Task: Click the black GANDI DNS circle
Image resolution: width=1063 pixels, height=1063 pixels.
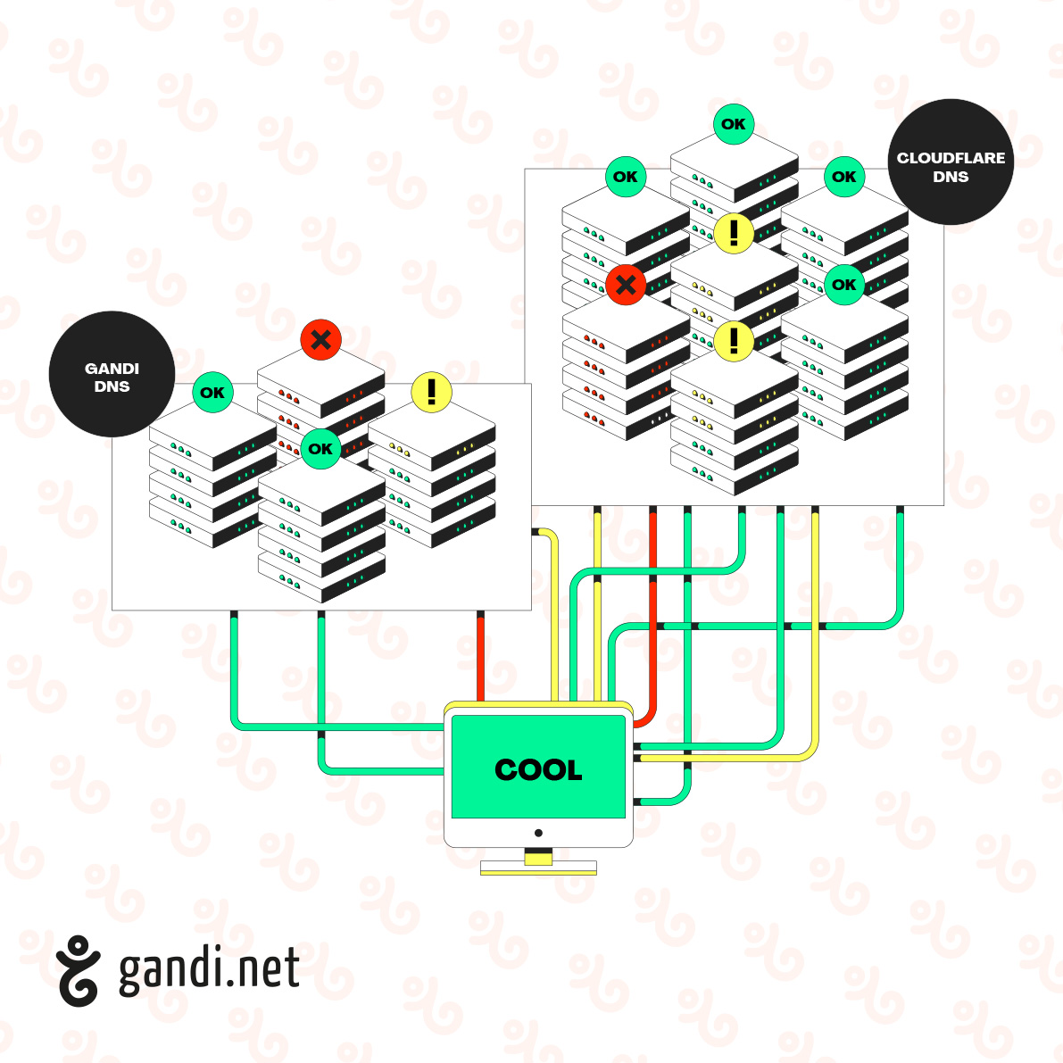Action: click(112, 375)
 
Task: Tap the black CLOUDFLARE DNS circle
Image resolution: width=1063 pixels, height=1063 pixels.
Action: click(951, 162)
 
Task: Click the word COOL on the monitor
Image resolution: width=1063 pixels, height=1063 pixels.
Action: click(538, 769)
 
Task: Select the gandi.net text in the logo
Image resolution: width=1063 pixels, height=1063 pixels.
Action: click(209, 969)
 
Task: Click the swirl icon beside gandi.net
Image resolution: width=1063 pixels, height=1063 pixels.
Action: click(78, 970)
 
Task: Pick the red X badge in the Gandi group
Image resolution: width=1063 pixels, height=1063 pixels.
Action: click(321, 339)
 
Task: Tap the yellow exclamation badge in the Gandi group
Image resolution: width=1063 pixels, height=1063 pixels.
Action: click(432, 392)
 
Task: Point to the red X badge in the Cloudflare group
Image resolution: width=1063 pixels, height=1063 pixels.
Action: click(626, 285)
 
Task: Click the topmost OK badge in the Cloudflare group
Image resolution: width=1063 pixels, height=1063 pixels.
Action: click(734, 124)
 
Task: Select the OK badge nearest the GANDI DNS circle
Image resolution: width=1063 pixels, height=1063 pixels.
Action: click(212, 392)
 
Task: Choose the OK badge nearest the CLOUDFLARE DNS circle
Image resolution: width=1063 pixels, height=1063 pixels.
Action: click(843, 177)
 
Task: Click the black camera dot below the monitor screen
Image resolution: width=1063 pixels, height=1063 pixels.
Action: click(538, 833)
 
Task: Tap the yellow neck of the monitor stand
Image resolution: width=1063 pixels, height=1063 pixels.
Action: click(538, 858)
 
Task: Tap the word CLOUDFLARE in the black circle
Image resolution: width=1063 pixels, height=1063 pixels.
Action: click(951, 158)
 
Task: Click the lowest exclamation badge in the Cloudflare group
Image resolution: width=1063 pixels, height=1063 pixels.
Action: click(734, 340)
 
